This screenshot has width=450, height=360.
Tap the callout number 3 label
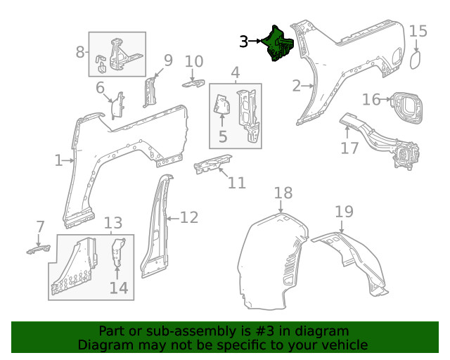pyautogui.click(x=243, y=42)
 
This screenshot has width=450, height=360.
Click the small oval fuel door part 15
pyautogui.click(x=416, y=61)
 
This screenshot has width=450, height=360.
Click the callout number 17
pyautogui.click(x=349, y=147)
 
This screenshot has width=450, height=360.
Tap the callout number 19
pyautogui.click(x=343, y=212)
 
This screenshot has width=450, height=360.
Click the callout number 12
pyautogui.click(x=188, y=218)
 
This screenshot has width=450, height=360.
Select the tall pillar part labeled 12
pyautogui.click(x=155, y=225)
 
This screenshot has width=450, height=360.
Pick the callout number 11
pyautogui.click(x=237, y=183)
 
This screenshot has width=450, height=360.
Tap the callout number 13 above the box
pyautogui.click(x=112, y=224)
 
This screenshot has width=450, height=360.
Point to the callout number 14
pyautogui.click(x=118, y=288)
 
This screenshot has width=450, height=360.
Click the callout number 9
pyautogui.click(x=168, y=60)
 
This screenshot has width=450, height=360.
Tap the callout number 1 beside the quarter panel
pyautogui.click(x=58, y=161)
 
